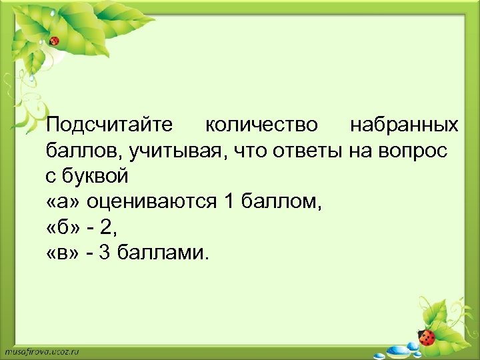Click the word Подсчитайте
click(x=109, y=125)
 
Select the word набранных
click(x=404, y=125)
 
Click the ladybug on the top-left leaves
click(x=55, y=41)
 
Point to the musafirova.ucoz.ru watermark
click(x=41, y=351)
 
